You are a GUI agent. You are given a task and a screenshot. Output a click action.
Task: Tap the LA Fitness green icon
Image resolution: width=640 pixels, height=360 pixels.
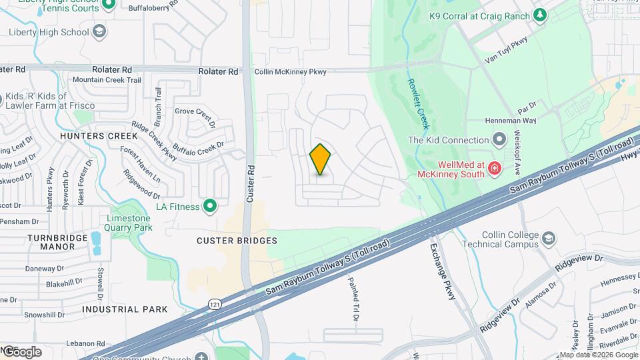[211, 207]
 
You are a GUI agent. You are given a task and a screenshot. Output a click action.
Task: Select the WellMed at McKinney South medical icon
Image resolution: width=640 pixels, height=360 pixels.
[494, 167]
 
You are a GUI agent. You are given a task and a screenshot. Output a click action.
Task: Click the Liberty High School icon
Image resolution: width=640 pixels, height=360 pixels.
[99, 31]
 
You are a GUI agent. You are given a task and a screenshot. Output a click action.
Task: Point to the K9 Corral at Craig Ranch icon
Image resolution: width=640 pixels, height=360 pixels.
[539, 15]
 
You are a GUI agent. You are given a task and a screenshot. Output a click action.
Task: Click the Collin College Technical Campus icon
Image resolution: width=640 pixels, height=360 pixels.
[548, 239]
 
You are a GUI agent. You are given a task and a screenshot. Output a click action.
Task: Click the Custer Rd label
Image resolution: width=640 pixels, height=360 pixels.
[251, 183]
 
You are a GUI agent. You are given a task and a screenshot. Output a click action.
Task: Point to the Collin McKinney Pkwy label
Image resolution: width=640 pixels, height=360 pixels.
[291, 72]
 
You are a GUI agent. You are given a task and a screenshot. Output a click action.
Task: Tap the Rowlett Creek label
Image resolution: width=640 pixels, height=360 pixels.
[419, 104]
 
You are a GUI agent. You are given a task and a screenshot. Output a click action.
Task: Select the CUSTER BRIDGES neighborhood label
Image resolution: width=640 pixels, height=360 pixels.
[237, 240]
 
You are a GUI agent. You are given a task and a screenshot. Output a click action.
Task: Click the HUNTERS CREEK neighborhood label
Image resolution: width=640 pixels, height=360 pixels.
[98, 136]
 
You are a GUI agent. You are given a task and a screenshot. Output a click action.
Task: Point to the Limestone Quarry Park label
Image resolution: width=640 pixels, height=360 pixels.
[129, 223]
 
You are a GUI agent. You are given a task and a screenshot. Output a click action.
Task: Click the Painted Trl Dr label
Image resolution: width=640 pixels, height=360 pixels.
[353, 296]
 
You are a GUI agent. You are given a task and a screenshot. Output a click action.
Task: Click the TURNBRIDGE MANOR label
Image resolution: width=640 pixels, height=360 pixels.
[51, 241]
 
